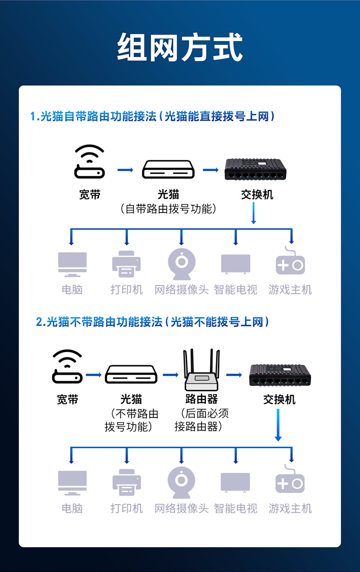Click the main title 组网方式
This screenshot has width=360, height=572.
pos(180,47)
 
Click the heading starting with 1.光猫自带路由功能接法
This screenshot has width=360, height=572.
pos(152,116)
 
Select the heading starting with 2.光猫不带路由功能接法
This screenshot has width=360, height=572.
pos(152,322)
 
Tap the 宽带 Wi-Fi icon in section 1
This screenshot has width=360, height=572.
pos(89,161)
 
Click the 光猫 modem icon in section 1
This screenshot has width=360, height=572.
pos(168,169)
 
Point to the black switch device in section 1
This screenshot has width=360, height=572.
pos(255,169)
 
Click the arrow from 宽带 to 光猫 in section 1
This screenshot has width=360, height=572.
pos(125,170)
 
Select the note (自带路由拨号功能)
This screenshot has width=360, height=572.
pos(168,209)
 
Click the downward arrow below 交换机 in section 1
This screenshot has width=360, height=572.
pos(253,213)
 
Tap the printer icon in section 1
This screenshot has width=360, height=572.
pos(126,264)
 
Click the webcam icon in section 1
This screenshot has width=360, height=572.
pos(182,264)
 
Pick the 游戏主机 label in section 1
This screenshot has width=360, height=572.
pos(290,290)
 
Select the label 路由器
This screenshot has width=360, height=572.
pos(202,399)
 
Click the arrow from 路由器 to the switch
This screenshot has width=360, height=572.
pos(234,375)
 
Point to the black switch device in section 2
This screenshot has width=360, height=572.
pos(280,375)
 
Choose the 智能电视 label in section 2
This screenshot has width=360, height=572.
pos(236,508)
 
